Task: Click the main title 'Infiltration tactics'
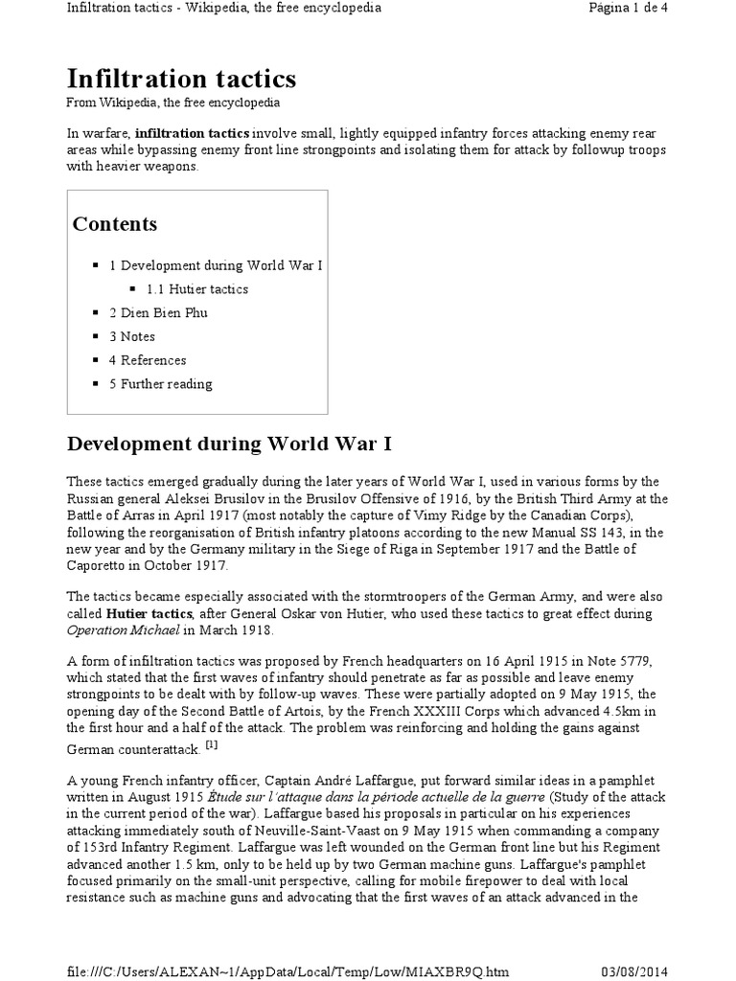[181, 78]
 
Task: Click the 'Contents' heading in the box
[115, 224]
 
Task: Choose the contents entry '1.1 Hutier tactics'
[196, 288]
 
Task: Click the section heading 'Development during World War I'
[229, 445]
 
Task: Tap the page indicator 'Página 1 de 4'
[660, 9]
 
